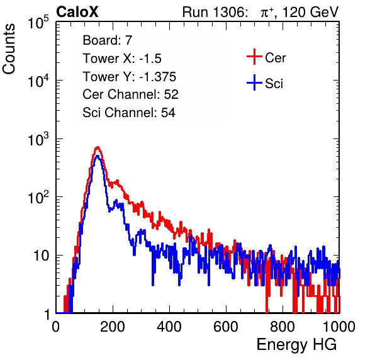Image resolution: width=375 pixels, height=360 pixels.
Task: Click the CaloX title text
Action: pos(77,12)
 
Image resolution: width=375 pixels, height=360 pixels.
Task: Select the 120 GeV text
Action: pos(310,12)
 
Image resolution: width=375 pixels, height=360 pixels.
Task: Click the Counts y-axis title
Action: pos(9,49)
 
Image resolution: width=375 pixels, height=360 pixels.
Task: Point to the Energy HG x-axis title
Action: pos(296,345)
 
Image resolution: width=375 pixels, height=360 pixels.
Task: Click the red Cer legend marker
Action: pos(254,57)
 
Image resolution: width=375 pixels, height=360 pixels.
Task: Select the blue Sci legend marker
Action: pos(254,83)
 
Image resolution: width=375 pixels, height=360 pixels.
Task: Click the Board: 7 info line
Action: pos(108,40)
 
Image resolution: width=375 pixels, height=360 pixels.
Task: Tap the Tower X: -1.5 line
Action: pos(122,59)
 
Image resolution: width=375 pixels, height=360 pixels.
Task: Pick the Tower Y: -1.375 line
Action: pos(130,77)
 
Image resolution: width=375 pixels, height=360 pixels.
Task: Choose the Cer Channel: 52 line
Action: pos(131,94)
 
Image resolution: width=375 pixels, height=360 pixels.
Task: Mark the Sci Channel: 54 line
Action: pos(129,113)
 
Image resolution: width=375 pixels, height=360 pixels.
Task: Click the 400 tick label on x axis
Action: pos(169,327)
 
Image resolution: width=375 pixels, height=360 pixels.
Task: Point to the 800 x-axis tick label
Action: pos(283,327)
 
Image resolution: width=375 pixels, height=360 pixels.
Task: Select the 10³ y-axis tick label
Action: pos(38,139)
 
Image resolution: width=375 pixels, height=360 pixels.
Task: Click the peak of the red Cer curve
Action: pos(98,147)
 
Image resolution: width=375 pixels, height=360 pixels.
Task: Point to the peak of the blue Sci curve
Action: pos(98,156)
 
